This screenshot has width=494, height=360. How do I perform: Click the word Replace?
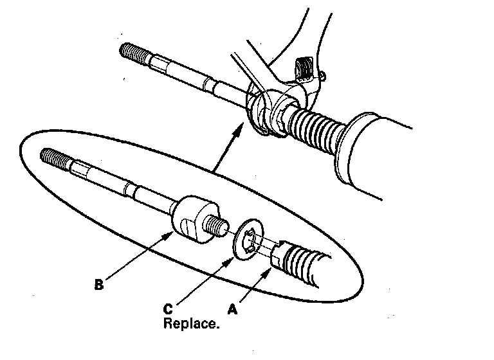click(191, 323)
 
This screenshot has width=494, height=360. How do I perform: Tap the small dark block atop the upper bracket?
click(303, 68)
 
